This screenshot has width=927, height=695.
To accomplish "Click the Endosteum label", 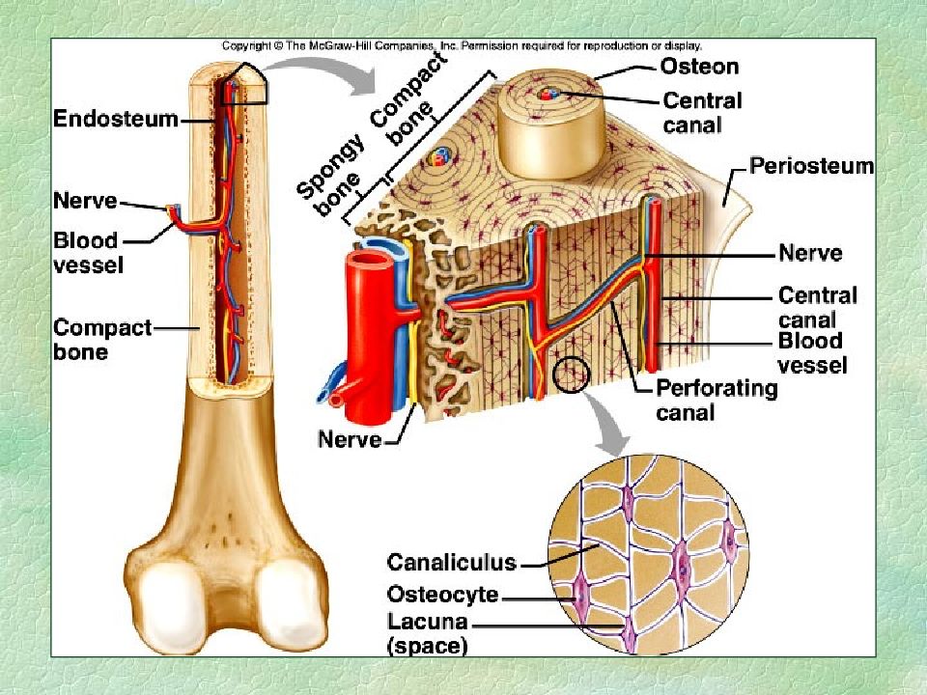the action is (116, 119).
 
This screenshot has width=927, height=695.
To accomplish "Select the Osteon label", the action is (699, 67).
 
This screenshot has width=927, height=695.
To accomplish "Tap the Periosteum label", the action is (812, 165).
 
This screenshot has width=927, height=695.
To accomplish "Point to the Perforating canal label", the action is (716, 400).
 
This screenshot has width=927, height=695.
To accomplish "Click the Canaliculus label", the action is (452, 562).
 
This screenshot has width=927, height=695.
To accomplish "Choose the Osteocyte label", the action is (443, 594).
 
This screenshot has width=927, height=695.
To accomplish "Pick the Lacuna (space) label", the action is (428, 633).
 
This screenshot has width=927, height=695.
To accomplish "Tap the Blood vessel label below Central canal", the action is (812, 353).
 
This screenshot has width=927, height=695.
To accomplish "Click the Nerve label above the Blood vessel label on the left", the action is (86, 201).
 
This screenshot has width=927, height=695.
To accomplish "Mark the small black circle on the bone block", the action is (572, 375).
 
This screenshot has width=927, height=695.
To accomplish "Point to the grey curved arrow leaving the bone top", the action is (323, 73).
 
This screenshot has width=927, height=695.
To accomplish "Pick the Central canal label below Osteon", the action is (702, 113).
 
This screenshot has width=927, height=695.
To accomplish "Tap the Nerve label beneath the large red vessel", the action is (350, 439).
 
